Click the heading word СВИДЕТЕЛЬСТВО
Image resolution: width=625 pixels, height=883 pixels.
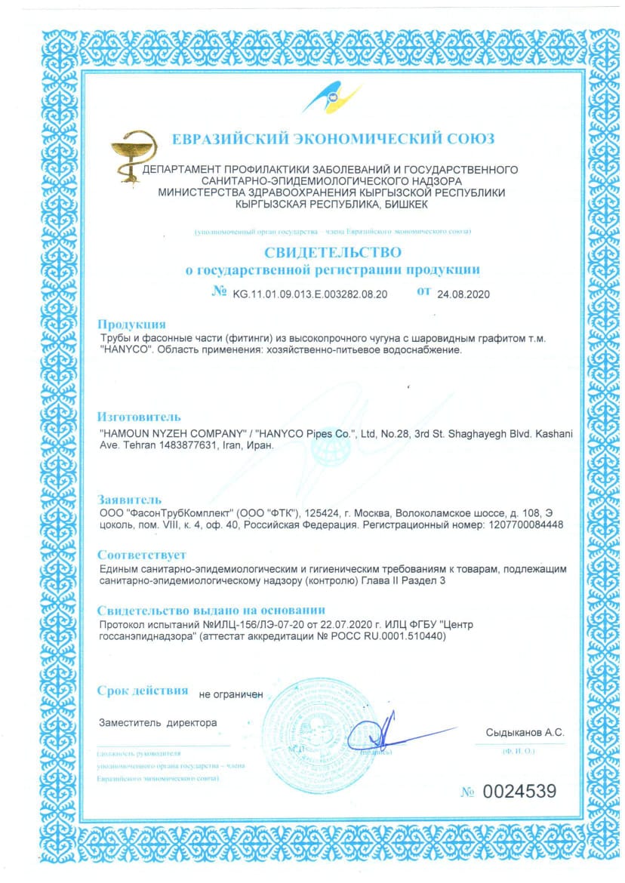point(333,251)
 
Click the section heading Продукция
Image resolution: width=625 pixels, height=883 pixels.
point(131,325)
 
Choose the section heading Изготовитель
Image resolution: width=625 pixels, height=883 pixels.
point(140,417)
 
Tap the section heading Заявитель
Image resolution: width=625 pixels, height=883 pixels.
point(130,499)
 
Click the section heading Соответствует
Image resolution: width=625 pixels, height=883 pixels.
point(141,553)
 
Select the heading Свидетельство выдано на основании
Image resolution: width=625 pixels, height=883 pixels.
point(212,609)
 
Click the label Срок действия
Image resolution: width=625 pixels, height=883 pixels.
point(143,690)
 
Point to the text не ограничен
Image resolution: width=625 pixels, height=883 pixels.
point(231,693)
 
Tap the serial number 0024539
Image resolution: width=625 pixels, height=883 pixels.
point(519,791)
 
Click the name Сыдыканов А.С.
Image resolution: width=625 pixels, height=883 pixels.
point(525,733)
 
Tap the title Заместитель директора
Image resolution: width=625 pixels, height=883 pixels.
point(159,722)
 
